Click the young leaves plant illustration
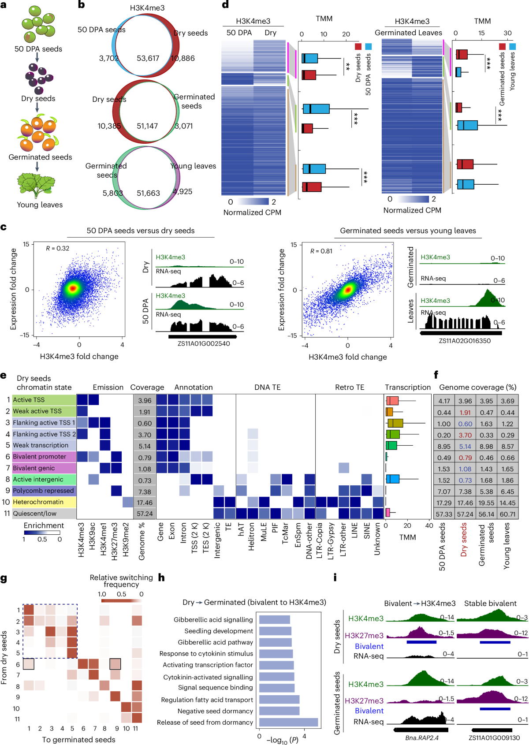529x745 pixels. (x=36, y=185)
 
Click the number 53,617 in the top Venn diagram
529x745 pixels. (x=148, y=58)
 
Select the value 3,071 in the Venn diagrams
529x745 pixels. (x=183, y=126)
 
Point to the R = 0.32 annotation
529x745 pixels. (x=58, y=248)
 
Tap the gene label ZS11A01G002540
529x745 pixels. (x=204, y=343)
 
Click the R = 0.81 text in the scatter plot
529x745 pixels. (x=321, y=251)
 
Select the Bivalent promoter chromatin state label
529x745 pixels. (x=40, y=457)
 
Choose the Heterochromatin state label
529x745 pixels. (x=38, y=502)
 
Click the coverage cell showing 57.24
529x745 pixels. (x=145, y=514)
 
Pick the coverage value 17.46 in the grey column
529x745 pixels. (x=145, y=503)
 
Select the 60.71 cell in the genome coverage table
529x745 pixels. (x=507, y=514)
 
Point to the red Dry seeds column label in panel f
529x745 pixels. (x=464, y=540)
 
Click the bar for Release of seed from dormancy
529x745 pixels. (x=288, y=722)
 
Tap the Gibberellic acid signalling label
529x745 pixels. (x=213, y=620)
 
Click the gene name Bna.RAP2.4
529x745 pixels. (x=422, y=738)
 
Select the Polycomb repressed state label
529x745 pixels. (x=43, y=491)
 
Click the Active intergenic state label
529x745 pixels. (x=38, y=479)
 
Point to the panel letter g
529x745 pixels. (x=4, y=578)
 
